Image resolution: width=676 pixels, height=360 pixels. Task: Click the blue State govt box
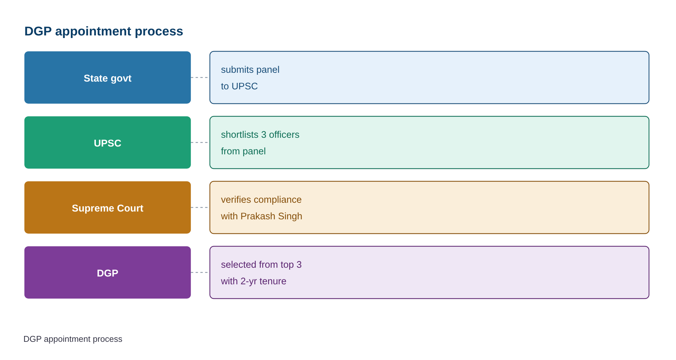click(x=108, y=78)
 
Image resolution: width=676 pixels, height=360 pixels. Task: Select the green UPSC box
click(x=108, y=143)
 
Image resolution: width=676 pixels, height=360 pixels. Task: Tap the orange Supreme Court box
click(x=108, y=208)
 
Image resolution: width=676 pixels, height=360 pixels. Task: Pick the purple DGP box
click(x=108, y=273)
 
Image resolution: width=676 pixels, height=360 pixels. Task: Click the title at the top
click(x=104, y=32)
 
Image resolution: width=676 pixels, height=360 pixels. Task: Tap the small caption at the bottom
click(x=73, y=339)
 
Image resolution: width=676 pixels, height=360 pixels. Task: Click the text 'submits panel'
click(x=250, y=70)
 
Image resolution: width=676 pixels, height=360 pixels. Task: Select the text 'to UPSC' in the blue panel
click(x=239, y=86)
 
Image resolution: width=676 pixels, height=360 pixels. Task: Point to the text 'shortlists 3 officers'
click(x=260, y=135)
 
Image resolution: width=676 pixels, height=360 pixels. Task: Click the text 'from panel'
click(x=243, y=151)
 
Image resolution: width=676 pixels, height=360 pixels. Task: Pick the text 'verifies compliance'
click(x=261, y=200)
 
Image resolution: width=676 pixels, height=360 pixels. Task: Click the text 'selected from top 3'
click(x=261, y=265)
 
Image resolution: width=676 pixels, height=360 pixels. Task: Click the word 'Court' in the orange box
click(x=130, y=208)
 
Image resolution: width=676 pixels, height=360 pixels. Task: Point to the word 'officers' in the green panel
click(x=284, y=135)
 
